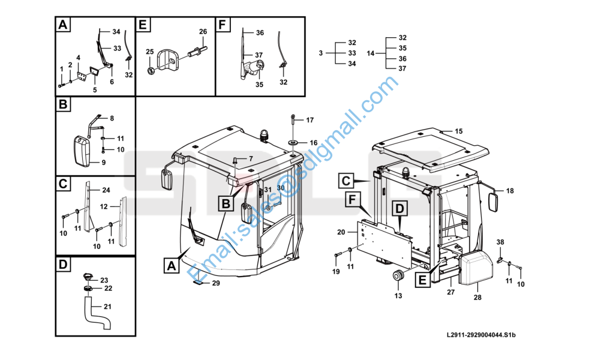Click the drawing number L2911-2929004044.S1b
(x=481, y=335)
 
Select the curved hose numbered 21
(x=97, y=313)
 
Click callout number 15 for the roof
(x=459, y=131)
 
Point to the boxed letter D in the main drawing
(x=399, y=209)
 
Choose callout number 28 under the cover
(x=477, y=297)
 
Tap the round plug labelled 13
(x=398, y=276)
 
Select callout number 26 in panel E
(x=203, y=32)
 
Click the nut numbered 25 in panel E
(x=150, y=70)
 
